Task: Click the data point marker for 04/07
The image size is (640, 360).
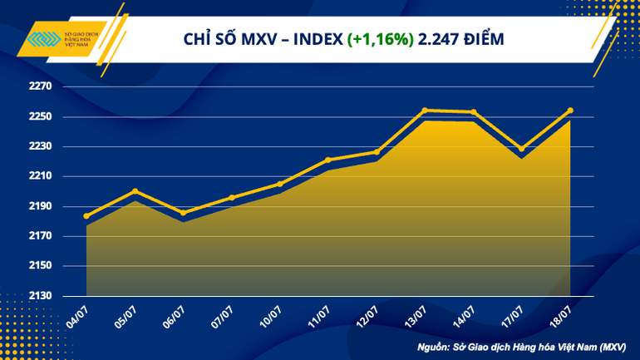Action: click(x=86, y=216)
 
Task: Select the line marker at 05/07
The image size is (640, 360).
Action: click(x=135, y=191)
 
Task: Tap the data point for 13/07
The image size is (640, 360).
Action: click(x=425, y=110)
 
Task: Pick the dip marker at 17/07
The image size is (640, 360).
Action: click(x=521, y=150)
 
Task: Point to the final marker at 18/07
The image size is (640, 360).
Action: click(x=569, y=111)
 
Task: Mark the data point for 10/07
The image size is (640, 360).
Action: click(x=279, y=184)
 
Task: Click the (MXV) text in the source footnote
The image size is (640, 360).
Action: click(x=609, y=347)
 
